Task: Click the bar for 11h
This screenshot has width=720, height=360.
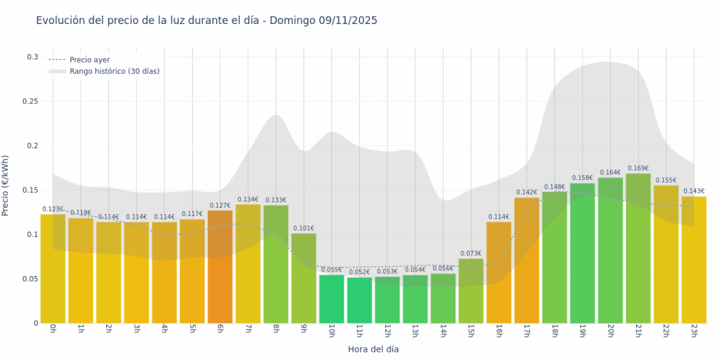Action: click(x=359, y=300)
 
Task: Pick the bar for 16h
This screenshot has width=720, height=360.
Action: click(x=499, y=272)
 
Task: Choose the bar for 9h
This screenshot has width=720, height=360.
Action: click(x=304, y=278)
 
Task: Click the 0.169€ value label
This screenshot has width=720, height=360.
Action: click(x=638, y=169)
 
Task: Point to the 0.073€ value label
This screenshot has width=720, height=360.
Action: click(x=471, y=253)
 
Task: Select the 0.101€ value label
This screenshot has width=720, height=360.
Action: click(x=304, y=229)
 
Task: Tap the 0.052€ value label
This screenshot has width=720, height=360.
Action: click(x=359, y=272)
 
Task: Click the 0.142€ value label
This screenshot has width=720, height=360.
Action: click(x=527, y=193)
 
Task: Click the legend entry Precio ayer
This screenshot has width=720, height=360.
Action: click(x=90, y=60)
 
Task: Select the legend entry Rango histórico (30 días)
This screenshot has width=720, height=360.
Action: click(x=114, y=71)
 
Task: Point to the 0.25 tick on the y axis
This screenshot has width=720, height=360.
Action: click(x=30, y=102)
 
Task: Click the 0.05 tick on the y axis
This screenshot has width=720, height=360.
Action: click(x=30, y=279)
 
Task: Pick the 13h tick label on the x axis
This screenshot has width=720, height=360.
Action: click(x=415, y=331)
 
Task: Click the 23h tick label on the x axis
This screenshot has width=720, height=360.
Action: click(x=693, y=331)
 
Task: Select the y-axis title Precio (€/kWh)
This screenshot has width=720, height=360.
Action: click(x=6, y=186)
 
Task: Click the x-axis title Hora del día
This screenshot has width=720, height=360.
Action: click(x=373, y=349)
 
